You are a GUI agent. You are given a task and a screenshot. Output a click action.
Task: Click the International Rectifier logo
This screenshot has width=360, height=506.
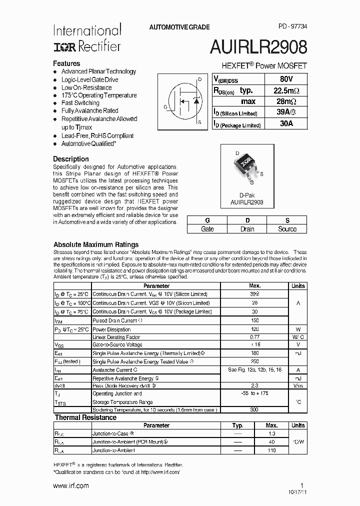[87, 38]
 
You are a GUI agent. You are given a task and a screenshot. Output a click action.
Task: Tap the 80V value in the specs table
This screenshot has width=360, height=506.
[286, 79]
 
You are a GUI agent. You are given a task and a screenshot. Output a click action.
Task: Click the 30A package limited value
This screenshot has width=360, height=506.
[286, 124]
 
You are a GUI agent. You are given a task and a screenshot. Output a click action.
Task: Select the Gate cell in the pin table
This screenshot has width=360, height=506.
[207, 229]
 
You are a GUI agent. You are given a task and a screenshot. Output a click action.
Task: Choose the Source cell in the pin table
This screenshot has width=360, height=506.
[287, 229]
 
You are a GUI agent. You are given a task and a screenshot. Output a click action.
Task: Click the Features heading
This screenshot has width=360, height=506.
[66, 63]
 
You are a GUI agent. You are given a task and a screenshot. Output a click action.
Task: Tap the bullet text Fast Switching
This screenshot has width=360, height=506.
[80, 103]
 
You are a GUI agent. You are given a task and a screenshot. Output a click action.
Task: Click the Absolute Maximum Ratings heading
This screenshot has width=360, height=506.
[96, 244]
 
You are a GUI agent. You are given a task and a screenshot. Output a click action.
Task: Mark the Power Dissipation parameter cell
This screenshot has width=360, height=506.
[111, 329]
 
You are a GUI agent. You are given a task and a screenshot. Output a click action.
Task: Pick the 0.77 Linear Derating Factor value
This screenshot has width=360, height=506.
[255, 337]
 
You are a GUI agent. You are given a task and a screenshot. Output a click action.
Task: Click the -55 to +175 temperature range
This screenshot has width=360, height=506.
[254, 393]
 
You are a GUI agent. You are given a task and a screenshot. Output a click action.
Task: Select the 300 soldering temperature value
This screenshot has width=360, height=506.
[254, 409]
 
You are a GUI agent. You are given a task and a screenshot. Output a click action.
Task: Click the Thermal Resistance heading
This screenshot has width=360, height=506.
[85, 417]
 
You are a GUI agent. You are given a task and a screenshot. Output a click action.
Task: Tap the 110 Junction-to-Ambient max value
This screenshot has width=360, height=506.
[271, 450]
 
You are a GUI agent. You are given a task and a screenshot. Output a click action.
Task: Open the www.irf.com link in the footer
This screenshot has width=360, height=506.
[71, 485]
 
